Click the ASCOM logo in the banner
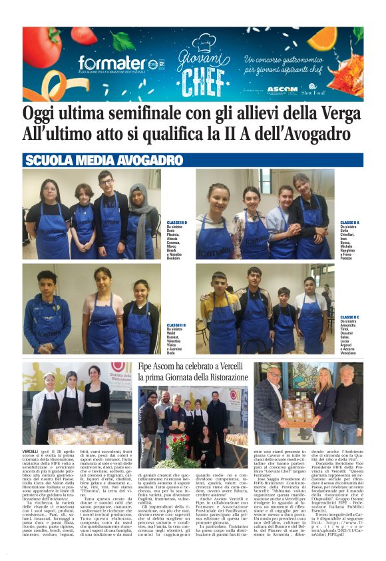(282, 89)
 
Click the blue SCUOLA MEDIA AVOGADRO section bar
(193, 161)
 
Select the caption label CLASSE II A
(349, 222)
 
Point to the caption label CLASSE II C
(349, 317)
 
